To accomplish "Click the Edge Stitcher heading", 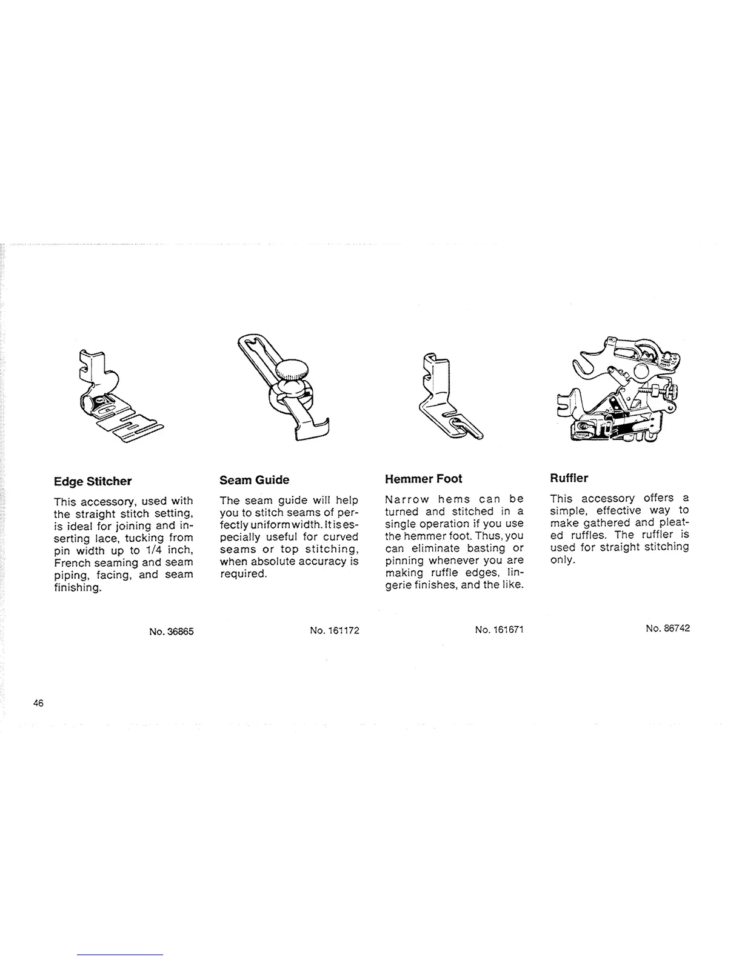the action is coord(92,482).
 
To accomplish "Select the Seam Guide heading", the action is coord(254,480).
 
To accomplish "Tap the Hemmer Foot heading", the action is coord(423,479).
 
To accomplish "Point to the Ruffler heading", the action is coord(569,478).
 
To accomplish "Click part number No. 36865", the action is coord(171,632).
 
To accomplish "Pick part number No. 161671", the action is coord(500,630).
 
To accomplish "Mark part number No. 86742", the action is coord(667,628).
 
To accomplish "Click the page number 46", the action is coord(39,704).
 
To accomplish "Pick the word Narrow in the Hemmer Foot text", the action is coord(407,499).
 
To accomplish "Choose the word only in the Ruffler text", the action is coord(561,559).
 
